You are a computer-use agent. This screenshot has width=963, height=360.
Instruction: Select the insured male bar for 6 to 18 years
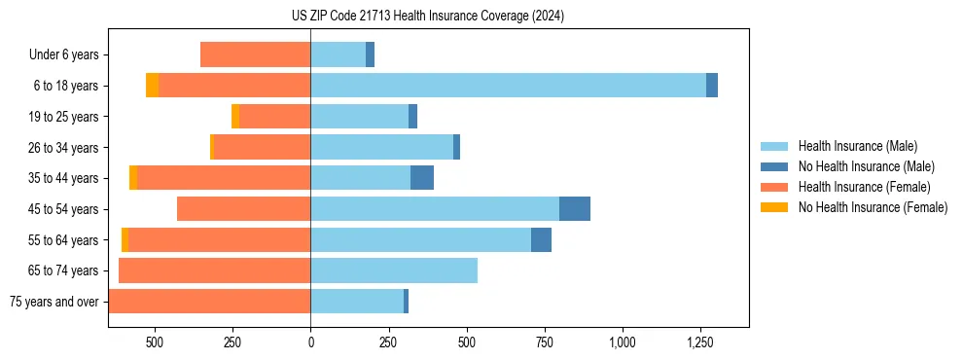click(x=508, y=86)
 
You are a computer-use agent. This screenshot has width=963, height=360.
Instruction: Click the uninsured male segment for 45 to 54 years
click(x=575, y=209)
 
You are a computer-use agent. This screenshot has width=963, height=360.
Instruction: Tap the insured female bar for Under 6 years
click(x=255, y=54)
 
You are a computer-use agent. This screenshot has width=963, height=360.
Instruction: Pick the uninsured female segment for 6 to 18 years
click(x=153, y=86)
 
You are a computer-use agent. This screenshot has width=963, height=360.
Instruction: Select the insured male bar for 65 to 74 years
click(x=394, y=270)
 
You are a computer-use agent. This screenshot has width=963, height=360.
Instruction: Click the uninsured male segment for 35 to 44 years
click(x=422, y=178)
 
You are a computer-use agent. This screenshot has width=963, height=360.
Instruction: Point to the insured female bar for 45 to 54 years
click(x=243, y=209)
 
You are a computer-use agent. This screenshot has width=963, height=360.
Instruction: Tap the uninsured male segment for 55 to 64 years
click(x=541, y=239)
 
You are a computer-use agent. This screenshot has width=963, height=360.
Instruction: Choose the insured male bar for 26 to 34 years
click(x=381, y=147)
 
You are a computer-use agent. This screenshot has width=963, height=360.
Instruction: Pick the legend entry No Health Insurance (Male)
click(x=852, y=166)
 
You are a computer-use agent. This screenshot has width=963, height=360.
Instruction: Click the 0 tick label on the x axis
click(x=310, y=342)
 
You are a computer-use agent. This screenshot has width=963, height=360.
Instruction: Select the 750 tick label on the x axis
click(x=545, y=342)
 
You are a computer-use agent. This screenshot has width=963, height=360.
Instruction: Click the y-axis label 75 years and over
click(x=53, y=302)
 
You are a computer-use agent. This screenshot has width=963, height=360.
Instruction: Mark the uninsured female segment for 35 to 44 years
click(x=133, y=178)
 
